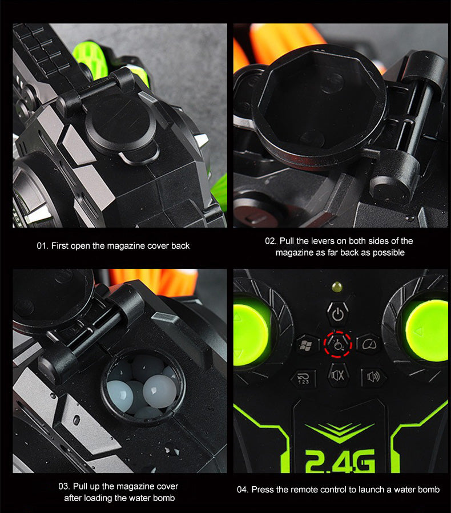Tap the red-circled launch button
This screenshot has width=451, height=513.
tap(338, 345)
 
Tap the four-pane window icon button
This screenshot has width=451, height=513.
tap(306, 345)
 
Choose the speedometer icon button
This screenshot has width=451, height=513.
tap(369, 344)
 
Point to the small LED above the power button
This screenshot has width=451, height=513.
tap(337, 287)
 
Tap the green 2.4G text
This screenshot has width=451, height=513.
tap(340, 461)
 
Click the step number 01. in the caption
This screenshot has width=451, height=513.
tap(43, 246)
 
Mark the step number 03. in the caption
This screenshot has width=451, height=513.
tap(64, 486)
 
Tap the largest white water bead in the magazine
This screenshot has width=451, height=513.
tap(159, 391)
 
